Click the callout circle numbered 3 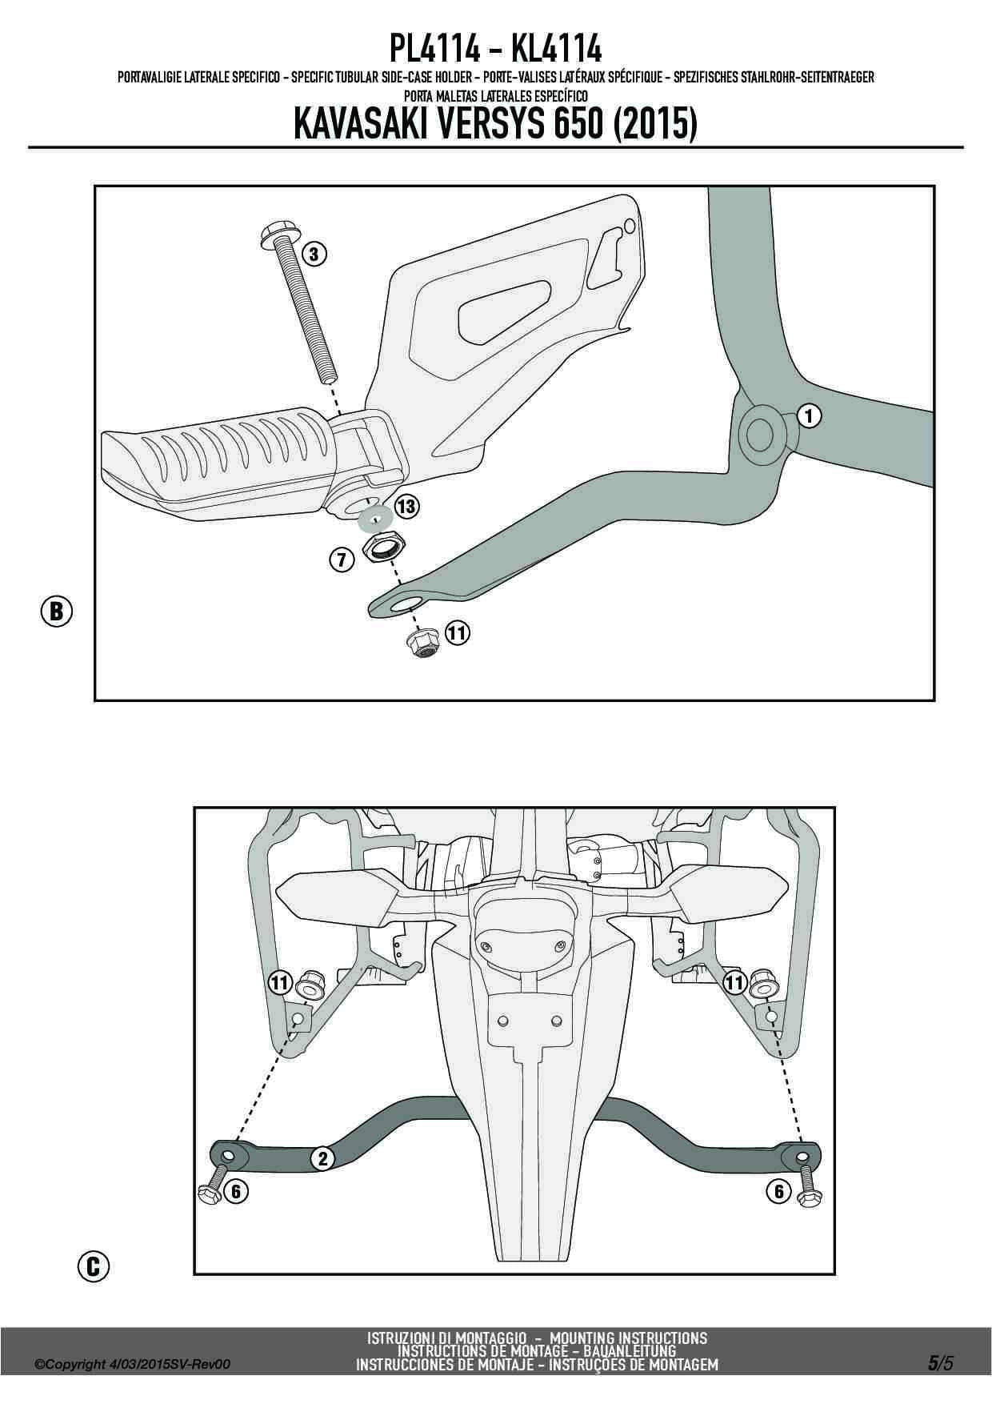point(314,255)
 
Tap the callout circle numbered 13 point(406,506)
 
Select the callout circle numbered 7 point(342,560)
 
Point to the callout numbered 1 point(810,415)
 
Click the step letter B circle point(56,611)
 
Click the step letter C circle point(94,1266)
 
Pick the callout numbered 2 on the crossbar point(322,1158)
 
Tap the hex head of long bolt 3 point(277,235)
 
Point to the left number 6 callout point(235,1191)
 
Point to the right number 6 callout point(778,1191)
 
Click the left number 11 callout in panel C point(279,982)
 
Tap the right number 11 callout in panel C point(734,982)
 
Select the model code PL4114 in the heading point(435,50)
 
